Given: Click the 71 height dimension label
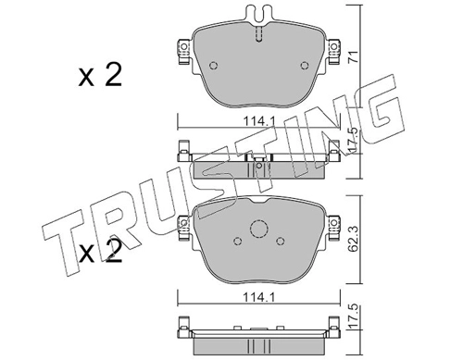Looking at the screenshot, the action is coord(354,57).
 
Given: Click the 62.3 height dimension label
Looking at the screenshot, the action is coord(354,238).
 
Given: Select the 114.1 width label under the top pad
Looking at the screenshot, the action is coord(259,121).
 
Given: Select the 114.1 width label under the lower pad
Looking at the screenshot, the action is coord(259,298).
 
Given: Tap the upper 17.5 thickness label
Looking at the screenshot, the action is coord(354,140).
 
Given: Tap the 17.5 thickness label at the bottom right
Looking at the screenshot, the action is coord(354,316).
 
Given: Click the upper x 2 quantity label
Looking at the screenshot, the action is coord(100,75).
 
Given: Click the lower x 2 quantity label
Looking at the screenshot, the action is coord(100,252).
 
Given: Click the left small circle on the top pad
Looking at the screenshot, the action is coord(213,66).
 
